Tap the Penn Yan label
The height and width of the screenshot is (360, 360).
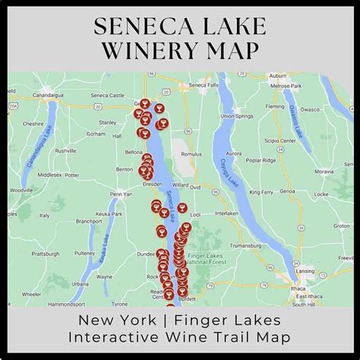(121, 194)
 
